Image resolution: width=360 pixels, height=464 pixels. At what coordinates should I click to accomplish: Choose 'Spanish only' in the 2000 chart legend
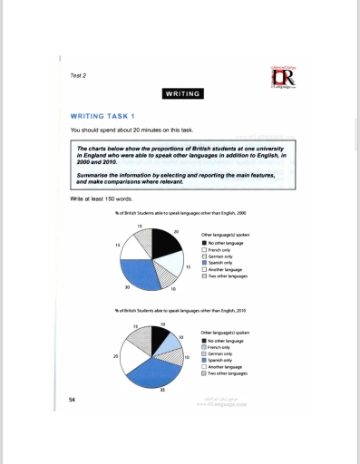point(222,263)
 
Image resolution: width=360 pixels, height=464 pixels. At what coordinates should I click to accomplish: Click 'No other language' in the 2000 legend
point(227,243)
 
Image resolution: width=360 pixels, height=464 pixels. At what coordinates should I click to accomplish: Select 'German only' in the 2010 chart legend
point(221,353)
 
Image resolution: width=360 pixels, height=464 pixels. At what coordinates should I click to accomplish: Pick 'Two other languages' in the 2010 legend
point(228,372)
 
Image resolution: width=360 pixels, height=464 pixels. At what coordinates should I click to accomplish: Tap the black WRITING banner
point(181,93)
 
